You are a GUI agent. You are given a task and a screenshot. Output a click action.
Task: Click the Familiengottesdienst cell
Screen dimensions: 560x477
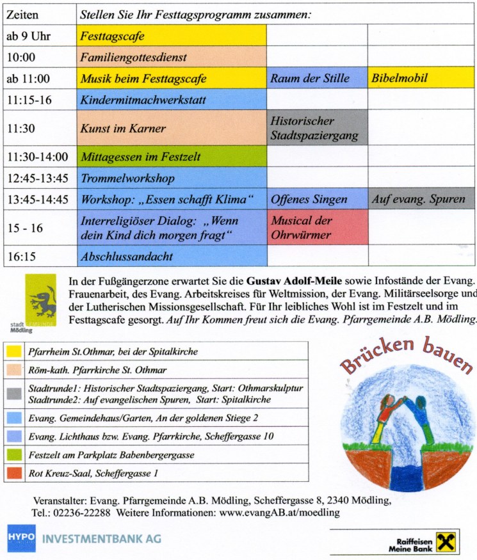[172, 57]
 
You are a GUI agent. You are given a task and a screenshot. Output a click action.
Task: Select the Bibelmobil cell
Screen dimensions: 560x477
[421, 79]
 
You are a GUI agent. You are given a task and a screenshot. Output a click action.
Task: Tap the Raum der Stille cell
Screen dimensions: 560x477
[316, 79]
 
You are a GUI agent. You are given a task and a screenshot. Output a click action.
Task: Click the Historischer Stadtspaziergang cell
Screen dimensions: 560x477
[316, 127]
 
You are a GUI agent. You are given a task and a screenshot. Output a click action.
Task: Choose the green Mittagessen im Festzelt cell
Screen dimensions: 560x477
[172, 156]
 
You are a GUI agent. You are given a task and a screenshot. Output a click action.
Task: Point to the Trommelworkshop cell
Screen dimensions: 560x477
[172, 177]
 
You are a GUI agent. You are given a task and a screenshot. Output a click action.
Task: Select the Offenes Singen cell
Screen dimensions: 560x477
[316, 199]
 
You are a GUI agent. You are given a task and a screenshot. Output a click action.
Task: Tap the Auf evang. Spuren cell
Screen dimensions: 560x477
[421, 199]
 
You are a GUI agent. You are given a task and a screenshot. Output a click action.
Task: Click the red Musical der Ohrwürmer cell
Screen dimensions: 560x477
[316, 227]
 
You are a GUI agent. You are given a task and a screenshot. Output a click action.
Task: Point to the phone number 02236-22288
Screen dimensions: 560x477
[84, 513]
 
